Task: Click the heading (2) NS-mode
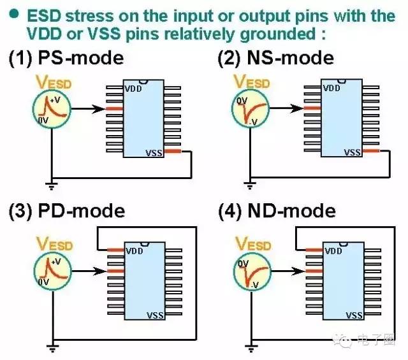(x=275, y=58)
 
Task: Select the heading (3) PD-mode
(x=66, y=211)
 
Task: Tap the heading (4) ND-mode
(x=276, y=210)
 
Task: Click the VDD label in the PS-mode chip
(x=133, y=89)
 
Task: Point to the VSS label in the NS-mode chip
(x=353, y=152)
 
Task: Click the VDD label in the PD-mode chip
(x=134, y=250)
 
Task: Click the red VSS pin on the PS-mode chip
(x=173, y=151)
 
